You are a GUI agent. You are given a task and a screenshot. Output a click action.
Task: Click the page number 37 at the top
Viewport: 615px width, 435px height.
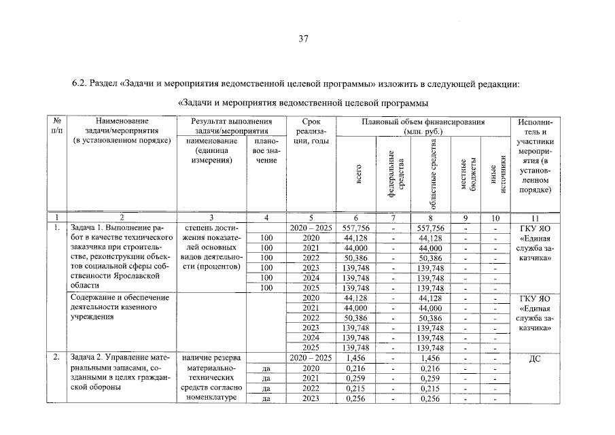click(x=304, y=39)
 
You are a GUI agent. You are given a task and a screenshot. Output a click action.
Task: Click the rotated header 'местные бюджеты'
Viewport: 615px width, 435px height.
click(x=467, y=173)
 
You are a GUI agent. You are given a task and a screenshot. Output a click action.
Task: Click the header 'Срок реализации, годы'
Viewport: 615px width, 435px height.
click(x=310, y=131)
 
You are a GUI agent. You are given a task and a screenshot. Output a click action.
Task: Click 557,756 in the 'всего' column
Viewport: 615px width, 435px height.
click(x=356, y=228)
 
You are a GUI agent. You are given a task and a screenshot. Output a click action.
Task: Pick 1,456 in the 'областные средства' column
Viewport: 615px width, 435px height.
click(x=431, y=357)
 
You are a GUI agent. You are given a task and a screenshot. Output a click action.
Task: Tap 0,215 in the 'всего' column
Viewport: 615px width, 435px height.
click(x=356, y=388)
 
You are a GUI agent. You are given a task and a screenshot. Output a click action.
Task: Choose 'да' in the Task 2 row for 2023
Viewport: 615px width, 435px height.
click(x=267, y=399)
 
